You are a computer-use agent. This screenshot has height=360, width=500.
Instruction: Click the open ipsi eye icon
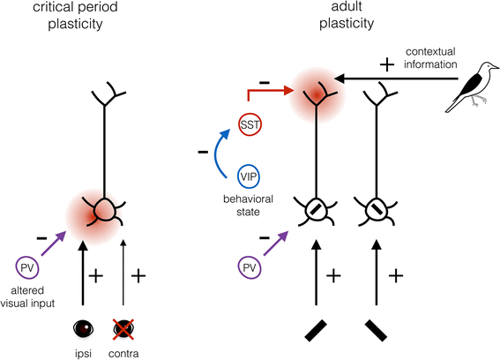pyautogui.click(x=85, y=329)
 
